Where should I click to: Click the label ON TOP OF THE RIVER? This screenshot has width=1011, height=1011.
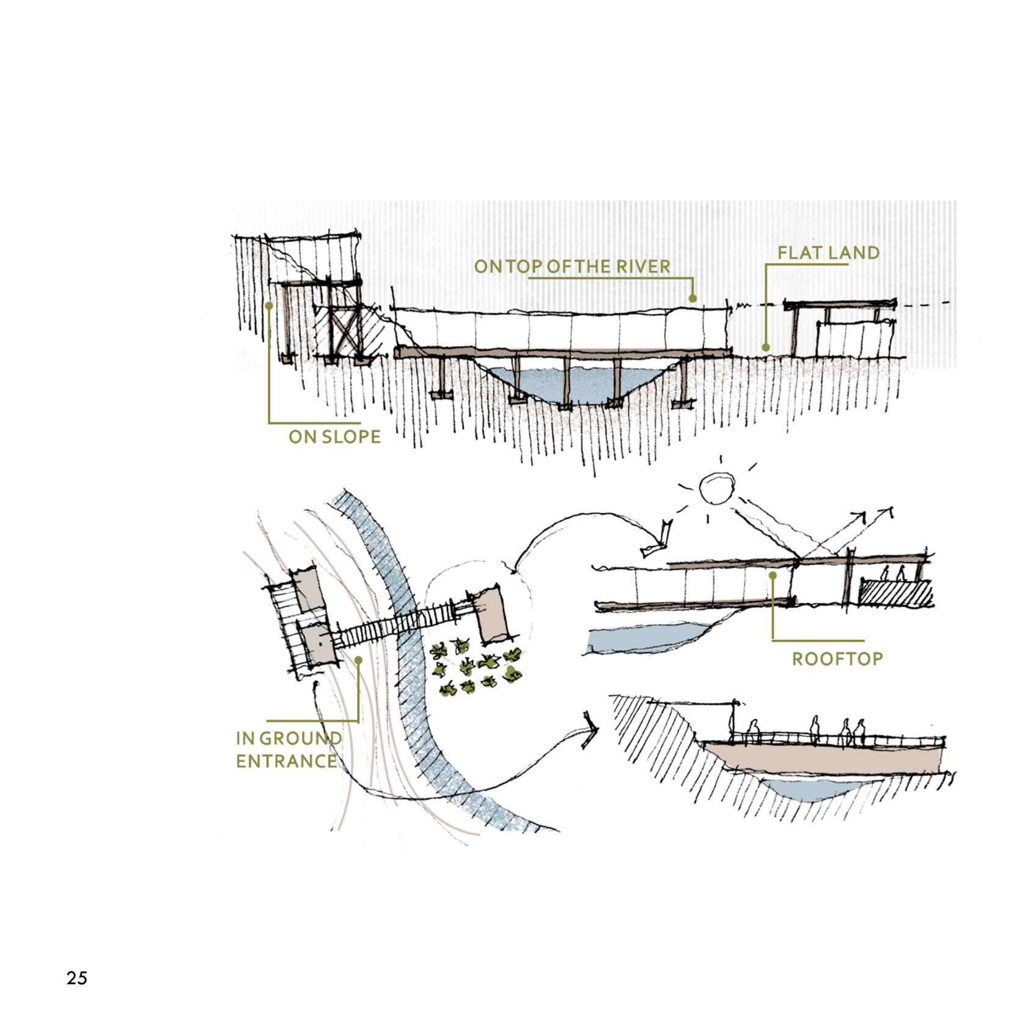coord(572,267)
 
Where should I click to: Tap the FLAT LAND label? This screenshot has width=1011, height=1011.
coord(828,252)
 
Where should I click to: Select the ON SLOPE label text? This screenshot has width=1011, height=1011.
coord(334,437)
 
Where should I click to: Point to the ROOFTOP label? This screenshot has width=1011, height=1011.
coord(837,659)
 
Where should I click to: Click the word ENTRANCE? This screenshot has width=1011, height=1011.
coord(286,761)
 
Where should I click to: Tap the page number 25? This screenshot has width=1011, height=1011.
coord(77,978)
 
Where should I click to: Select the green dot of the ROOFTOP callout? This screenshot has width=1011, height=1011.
coord(773,575)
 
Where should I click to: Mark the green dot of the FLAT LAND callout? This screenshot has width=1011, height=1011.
coord(765,347)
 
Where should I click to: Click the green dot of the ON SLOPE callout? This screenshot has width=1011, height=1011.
coord(269,305)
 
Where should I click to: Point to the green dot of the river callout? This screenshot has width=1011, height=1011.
coord(693,298)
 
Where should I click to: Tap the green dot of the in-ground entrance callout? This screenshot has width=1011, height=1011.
coord(358,660)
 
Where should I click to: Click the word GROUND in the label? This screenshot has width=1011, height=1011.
coord(300,738)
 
